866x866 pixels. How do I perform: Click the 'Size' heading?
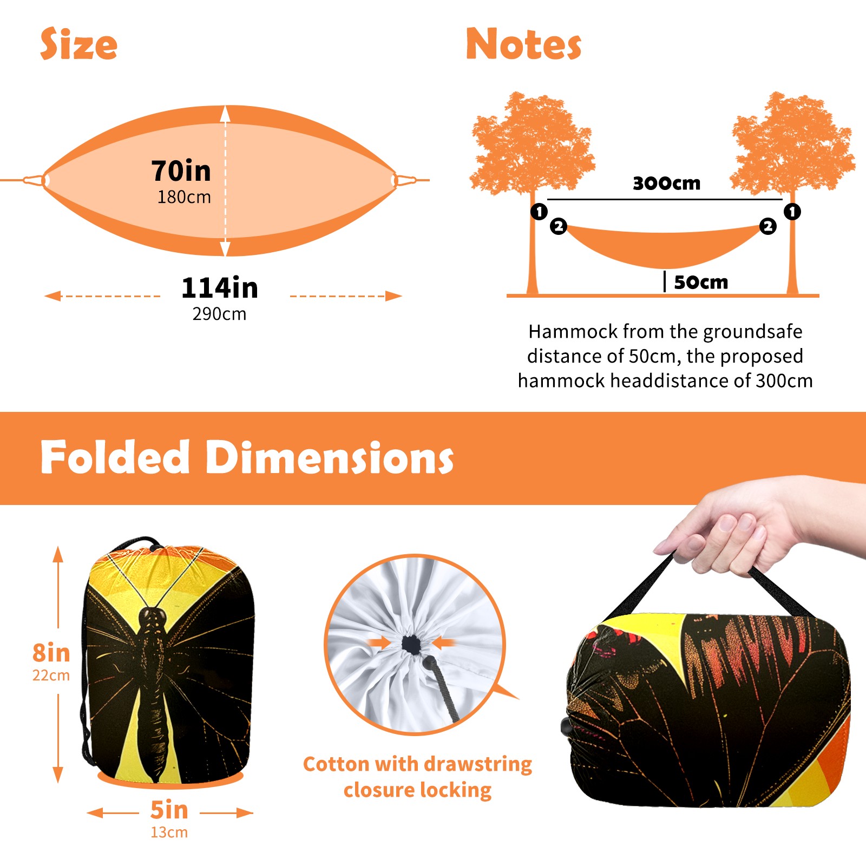point(79,44)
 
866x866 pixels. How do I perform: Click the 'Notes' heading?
point(523,44)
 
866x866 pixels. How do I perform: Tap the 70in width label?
point(181,170)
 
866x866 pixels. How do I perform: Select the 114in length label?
point(220,287)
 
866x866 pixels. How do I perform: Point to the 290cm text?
point(219,314)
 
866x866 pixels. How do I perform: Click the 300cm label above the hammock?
point(666,183)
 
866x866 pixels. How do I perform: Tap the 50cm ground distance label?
point(701,282)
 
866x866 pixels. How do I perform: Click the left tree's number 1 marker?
point(539,211)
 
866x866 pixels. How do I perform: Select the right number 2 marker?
point(767,226)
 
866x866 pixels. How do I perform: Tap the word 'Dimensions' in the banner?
point(330,457)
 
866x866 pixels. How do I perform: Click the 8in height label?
point(51,653)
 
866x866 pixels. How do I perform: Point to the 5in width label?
point(169,810)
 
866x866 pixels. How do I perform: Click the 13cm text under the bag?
point(169,832)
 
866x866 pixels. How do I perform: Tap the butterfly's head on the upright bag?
point(153,617)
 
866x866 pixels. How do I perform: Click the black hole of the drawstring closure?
point(411,644)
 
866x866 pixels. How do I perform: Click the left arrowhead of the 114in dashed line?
point(53,296)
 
